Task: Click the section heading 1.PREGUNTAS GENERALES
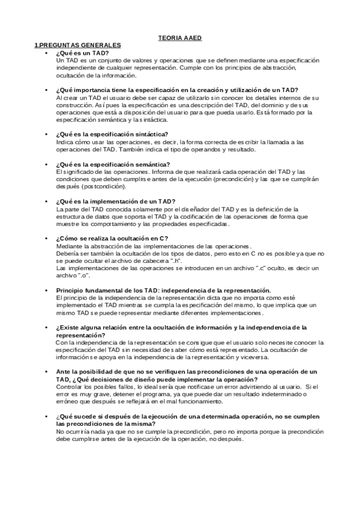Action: click(x=78, y=45)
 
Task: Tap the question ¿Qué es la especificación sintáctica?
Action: click(x=112, y=134)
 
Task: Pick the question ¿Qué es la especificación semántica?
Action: click(x=112, y=164)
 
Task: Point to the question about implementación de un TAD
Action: click(x=115, y=201)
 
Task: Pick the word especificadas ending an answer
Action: click(x=210, y=223)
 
